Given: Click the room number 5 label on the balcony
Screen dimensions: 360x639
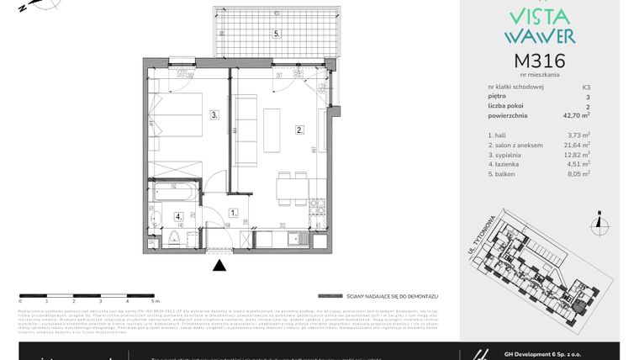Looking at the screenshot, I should pos(276,34).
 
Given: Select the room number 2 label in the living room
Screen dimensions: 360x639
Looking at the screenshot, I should pos(298,130).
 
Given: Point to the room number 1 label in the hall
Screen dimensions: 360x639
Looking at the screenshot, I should pos(235,214).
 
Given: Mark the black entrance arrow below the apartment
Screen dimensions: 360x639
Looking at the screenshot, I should pos(219,266).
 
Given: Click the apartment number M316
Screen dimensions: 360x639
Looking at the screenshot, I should pos(539,61).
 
